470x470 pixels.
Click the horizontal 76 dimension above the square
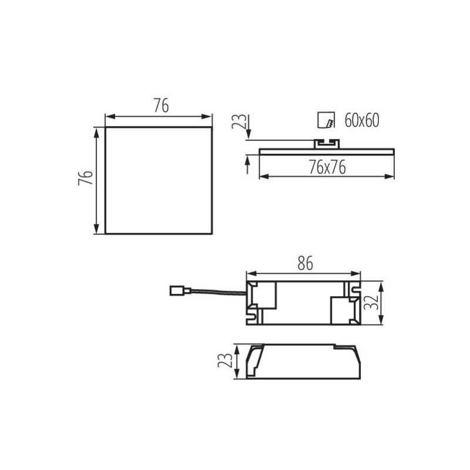click(x=161, y=105)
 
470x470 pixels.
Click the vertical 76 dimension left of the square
click(x=85, y=178)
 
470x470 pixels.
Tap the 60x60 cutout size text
click(x=362, y=120)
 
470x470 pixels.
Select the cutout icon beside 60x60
click(x=326, y=120)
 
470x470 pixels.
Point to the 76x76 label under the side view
click(x=327, y=167)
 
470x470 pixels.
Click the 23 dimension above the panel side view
click(x=239, y=122)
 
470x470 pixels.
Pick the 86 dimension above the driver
click(x=305, y=263)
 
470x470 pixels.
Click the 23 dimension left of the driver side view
click(x=225, y=361)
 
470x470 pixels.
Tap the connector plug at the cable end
click(x=180, y=291)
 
